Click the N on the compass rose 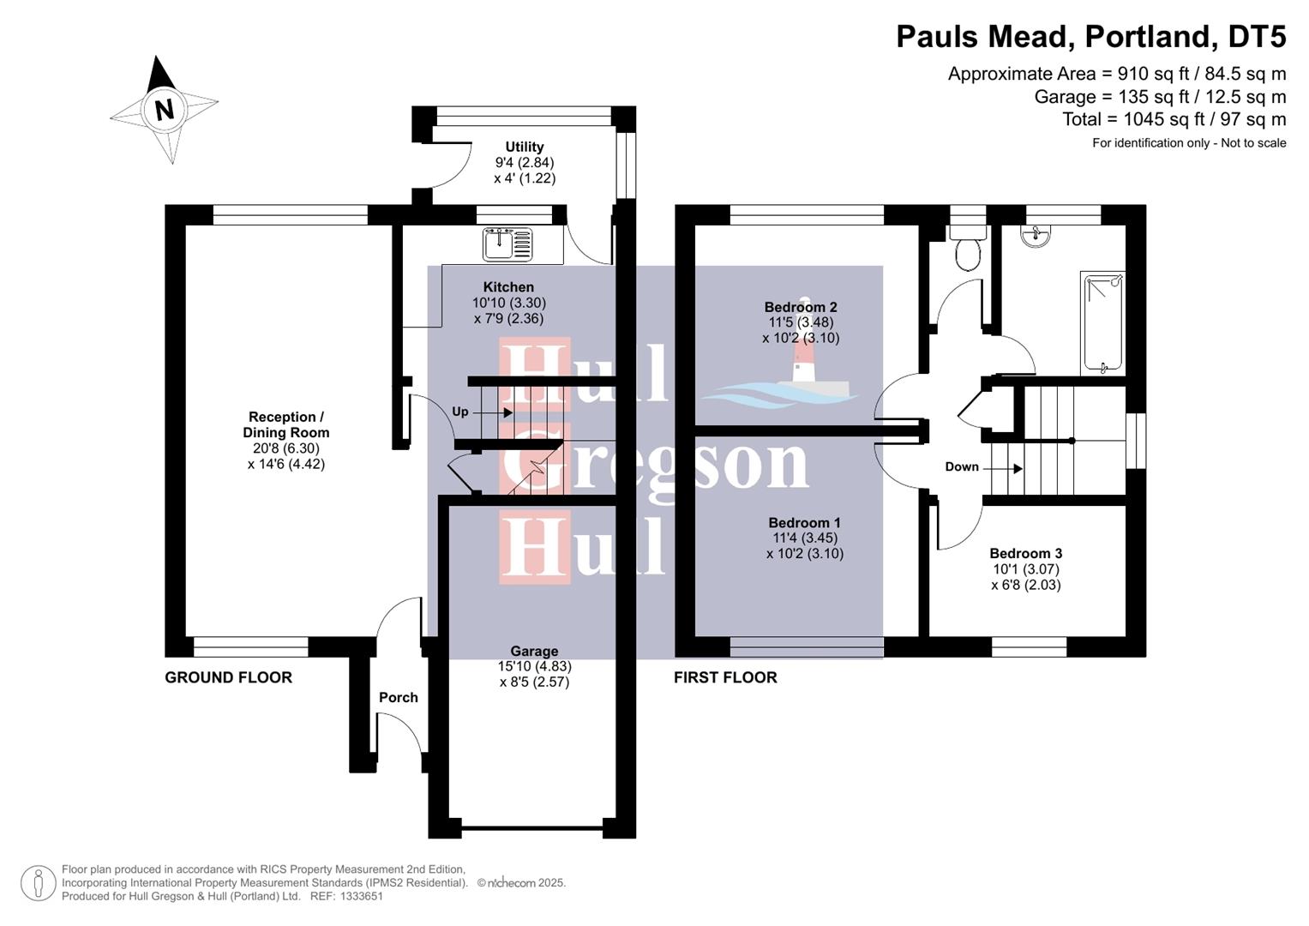[x=164, y=109]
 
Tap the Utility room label [x=524, y=147]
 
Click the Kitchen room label [x=508, y=287]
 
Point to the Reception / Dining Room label [x=285, y=425]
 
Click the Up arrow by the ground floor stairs [x=507, y=412]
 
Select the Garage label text [x=534, y=652]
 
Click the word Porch [x=399, y=698]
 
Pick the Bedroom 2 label [x=801, y=307]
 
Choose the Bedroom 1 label [x=804, y=523]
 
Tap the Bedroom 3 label [x=1025, y=554]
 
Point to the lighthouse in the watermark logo [x=803, y=364]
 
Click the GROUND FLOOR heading [x=228, y=677]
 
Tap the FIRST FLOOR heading [x=725, y=677]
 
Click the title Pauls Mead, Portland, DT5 [x=1090, y=37]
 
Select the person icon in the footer [x=38, y=882]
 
